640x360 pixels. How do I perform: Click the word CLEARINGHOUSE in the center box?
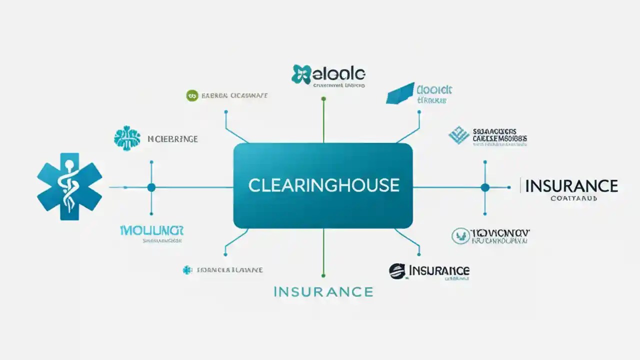323,185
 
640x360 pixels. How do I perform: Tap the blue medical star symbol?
69,186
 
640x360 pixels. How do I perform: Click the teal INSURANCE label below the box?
323,291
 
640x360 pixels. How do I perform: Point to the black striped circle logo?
397,271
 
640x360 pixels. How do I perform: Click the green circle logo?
191,95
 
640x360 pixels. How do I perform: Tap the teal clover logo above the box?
301,74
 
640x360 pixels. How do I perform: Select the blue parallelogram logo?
401,93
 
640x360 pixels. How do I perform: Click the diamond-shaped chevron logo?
459,135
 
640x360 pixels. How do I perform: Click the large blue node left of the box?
151,187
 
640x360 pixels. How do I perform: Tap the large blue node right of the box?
484,187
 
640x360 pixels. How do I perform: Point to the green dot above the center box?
323,99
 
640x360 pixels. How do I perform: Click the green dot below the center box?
323,275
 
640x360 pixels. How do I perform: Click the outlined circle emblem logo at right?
460,236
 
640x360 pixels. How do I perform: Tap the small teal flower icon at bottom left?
187,270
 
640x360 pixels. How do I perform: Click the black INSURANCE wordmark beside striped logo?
439,270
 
